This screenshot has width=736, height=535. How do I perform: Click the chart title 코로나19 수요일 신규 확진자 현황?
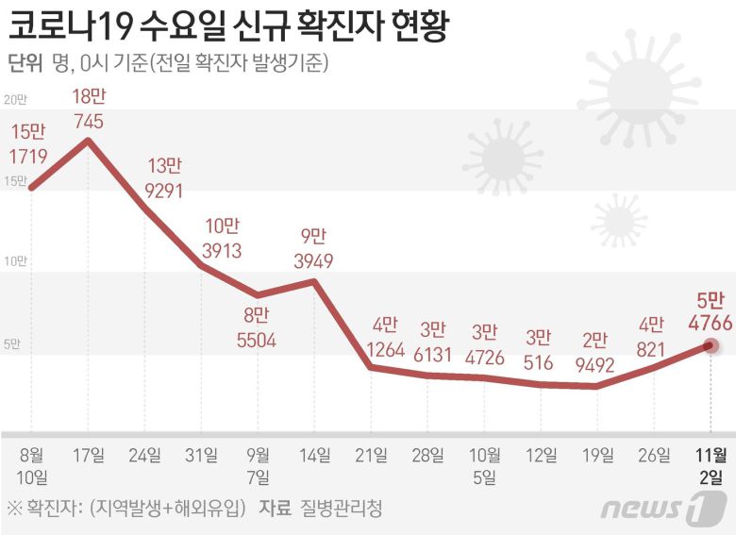coord(226,23)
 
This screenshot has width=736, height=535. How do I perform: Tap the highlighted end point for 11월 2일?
coord(711,345)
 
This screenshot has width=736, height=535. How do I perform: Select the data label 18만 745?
coord(88,108)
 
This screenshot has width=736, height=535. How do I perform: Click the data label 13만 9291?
coord(163,177)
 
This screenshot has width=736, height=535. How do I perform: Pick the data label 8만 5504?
coord(257,328)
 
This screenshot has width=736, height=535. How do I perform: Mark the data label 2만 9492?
coord(595,351)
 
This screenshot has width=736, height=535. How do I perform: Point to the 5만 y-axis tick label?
coord(12,344)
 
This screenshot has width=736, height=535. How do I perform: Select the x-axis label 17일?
coord(88,455)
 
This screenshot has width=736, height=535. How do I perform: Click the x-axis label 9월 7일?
coord(258,465)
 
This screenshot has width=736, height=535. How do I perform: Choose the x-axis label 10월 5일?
coord(484,465)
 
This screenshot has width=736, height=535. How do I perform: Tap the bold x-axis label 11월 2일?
coord(711,465)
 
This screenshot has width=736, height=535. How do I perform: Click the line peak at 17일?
coord(89,141)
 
